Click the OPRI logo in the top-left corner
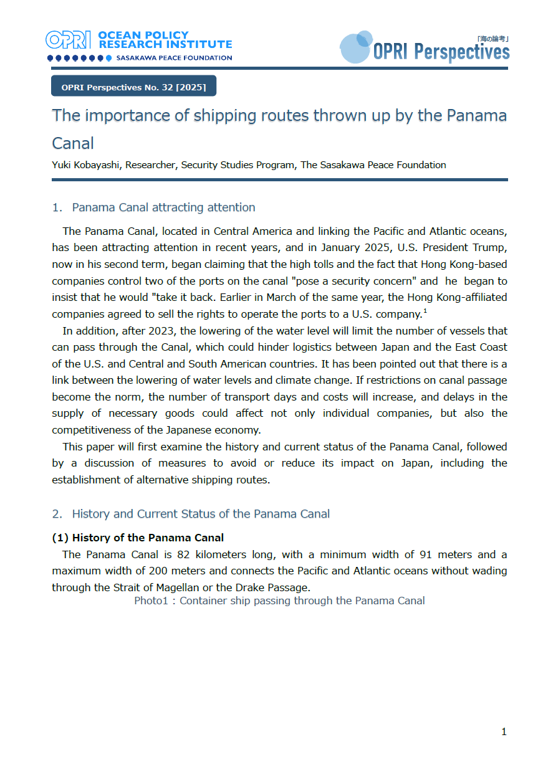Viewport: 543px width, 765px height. [69, 40]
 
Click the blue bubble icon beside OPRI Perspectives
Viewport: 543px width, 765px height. [355, 47]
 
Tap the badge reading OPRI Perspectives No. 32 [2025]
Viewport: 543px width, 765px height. [133, 87]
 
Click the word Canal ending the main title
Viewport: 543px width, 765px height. [72, 143]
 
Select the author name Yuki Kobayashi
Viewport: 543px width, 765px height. [88, 165]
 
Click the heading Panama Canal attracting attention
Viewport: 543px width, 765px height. [163, 207]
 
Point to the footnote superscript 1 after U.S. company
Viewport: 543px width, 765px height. [425, 311]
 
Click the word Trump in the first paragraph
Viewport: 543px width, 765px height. [491, 248]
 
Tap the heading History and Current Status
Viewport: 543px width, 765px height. [201, 514]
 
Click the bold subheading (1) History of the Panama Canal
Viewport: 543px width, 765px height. [137, 538]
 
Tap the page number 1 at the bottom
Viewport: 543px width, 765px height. [504, 732]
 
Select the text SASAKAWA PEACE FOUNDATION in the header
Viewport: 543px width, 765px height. [173, 58]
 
